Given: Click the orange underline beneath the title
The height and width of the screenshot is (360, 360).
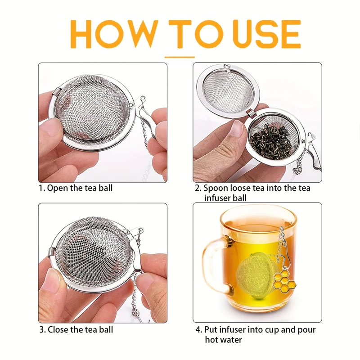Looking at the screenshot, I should [180, 57].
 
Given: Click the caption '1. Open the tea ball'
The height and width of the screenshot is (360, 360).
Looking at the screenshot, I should [75, 188].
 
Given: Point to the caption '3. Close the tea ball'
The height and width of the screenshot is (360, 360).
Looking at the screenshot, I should [76, 330].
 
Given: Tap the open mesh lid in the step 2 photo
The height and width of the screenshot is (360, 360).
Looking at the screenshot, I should [228, 90].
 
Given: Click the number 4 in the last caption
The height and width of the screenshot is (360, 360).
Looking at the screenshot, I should [198, 330].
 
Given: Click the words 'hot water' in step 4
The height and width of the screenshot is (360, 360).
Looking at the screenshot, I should [223, 340].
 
